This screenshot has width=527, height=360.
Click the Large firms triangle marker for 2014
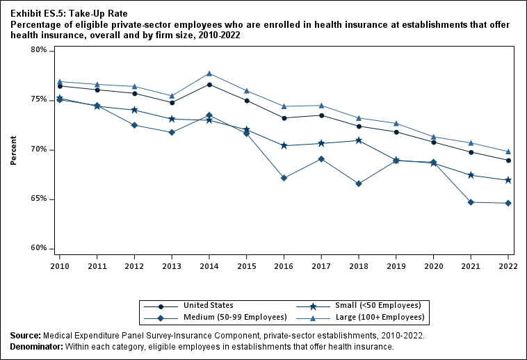point(209,74)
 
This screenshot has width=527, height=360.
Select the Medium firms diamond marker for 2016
point(284,178)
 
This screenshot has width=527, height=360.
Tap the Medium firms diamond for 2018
point(359,183)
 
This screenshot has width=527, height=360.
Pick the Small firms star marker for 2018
point(359,140)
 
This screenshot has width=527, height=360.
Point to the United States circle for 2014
point(209,85)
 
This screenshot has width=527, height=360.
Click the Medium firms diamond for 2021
point(471,202)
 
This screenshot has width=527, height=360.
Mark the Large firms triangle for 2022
point(508,152)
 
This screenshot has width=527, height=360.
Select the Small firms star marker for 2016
point(284,145)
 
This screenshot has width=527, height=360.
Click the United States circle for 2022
point(508,161)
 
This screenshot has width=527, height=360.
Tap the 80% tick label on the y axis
point(38,51)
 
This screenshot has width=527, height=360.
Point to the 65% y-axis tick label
point(38,199)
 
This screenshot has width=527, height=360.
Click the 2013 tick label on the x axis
point(172,265)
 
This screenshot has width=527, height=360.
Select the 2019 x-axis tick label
point(396,265)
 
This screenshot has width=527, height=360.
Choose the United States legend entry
point(208,305)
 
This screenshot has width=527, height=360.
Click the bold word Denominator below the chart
point(36,346)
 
